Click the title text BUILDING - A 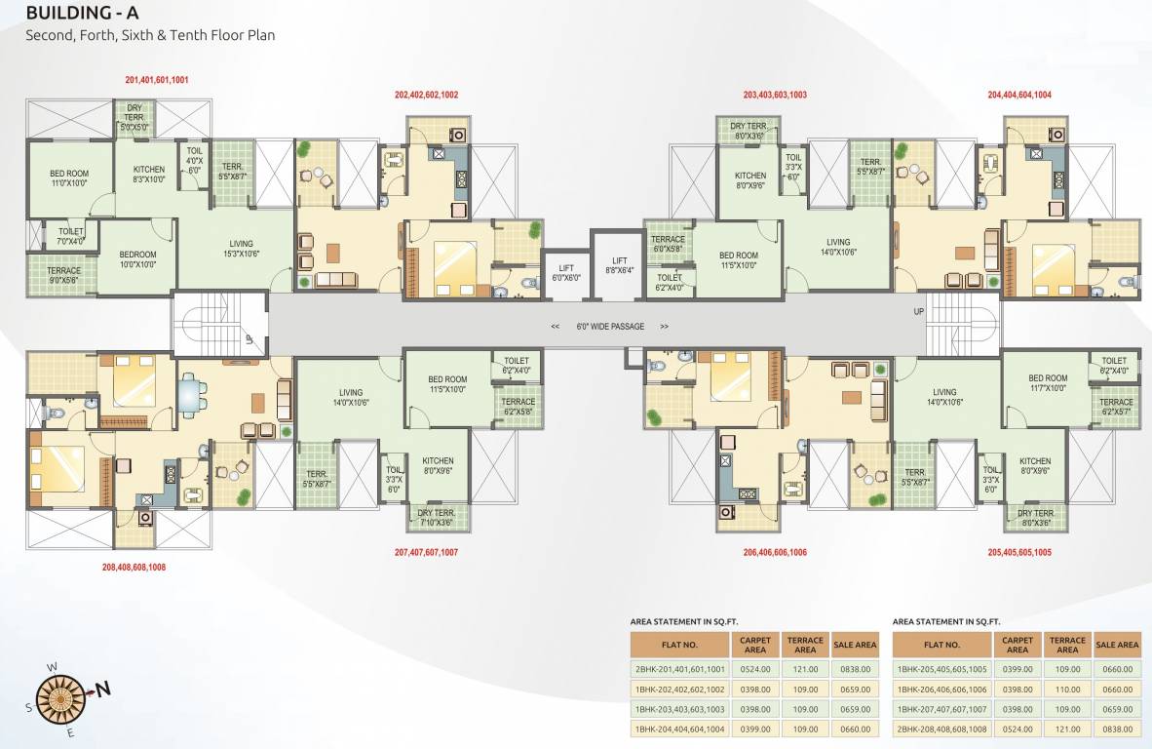(x=82, y=13)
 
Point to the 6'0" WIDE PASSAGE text (x=609, y=327)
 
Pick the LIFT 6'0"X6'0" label (x=565, y=273)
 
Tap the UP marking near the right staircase (x=918, y=311)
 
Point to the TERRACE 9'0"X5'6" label (x=64, y=276)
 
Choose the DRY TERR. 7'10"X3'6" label (x=437, y=518)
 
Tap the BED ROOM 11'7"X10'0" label (x=1048, y=384)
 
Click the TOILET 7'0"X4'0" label (x=71, y=236)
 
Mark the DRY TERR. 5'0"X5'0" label (x=134, y=121)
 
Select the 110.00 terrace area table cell (x=1067, y=689)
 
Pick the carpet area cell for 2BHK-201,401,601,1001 (x=755, y=669)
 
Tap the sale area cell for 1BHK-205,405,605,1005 (x=1116, y=669)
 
